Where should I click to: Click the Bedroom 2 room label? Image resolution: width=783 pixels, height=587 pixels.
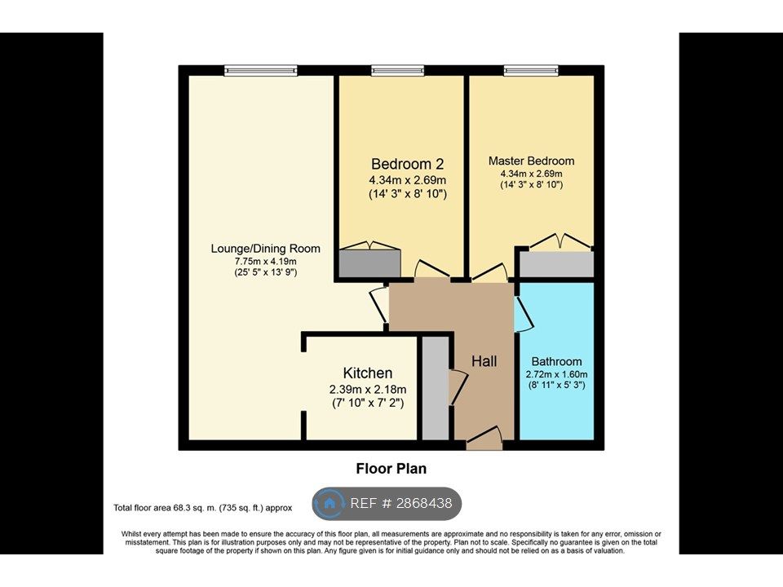point(408,164)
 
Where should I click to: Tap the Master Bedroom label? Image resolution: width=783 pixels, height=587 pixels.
point(531,161)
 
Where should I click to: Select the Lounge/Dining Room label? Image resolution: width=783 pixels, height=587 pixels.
point(266,249)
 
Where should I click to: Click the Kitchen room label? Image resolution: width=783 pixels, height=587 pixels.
point(368,373)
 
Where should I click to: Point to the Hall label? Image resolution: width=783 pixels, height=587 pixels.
point(484,361)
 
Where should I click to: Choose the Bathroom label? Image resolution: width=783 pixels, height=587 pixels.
point(556,361)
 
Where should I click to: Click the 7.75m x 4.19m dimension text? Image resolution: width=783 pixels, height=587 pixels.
point(266,262)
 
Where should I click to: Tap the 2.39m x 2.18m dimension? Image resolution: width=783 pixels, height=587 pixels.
point(368,390)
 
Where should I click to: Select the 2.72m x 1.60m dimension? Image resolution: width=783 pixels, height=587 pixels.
point(556,374)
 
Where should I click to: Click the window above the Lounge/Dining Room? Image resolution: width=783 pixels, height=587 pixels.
point(261,70)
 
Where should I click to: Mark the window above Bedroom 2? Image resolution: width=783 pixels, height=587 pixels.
point(397,70)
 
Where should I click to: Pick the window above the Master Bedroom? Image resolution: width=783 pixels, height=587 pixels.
point(531,70)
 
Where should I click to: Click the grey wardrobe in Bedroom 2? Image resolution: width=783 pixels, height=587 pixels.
point(370,263)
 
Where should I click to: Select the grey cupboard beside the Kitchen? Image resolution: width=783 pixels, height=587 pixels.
point(436,388)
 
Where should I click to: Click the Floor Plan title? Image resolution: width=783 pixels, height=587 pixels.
point(391,469)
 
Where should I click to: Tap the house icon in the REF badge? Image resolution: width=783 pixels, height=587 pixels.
point(330,503)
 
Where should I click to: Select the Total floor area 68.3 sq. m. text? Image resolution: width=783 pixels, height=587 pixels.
point(203,508)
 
